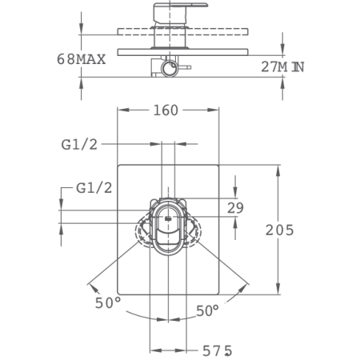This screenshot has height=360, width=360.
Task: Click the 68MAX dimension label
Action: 82,58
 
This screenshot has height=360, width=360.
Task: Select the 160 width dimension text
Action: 166,110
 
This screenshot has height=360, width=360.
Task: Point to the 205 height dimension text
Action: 279,230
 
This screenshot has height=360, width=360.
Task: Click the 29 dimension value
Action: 235,208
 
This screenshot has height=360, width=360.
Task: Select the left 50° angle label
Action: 108,303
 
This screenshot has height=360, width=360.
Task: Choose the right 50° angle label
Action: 207,310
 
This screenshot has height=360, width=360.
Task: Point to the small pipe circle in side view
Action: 168,70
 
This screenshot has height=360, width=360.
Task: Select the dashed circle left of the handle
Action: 146,232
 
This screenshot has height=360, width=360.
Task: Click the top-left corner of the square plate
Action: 118,166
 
